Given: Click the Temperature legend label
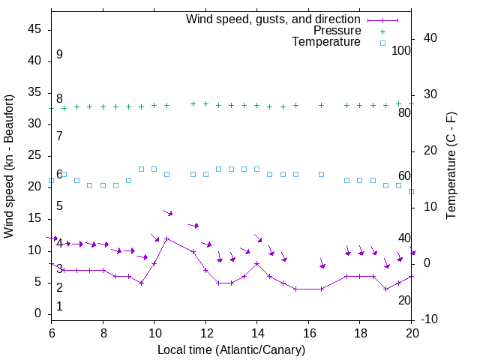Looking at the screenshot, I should [326, 43].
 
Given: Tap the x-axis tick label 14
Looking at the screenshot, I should [256, 332].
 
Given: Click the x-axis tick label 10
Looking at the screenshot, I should [154, 332].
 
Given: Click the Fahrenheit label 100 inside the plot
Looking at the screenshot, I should [401, 51].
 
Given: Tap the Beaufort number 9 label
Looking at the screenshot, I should [59, 55].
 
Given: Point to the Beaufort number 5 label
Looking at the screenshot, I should [59, 206].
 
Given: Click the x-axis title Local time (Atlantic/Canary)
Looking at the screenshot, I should [231, 349].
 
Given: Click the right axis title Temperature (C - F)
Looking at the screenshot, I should [451, 166].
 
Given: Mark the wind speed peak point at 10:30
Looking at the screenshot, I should [166, 238].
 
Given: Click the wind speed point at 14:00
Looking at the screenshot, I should [256, 263].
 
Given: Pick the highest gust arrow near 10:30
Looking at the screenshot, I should [168, 214].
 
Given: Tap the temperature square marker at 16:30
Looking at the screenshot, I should [321, 174].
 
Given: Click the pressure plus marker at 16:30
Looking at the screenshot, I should [321, 105].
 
